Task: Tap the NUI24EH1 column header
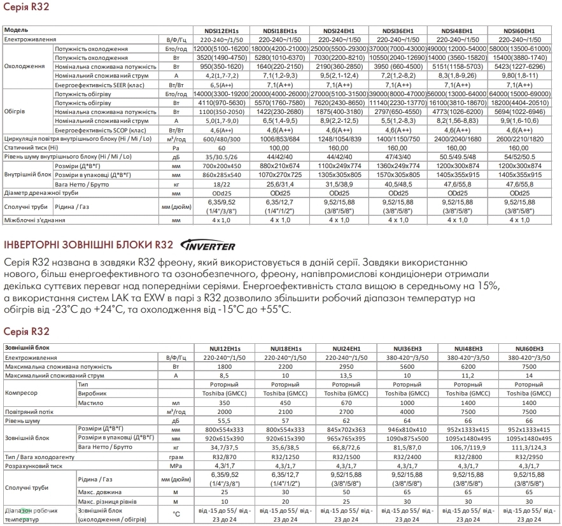[x=345, y=348]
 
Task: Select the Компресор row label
[x=21, y=394]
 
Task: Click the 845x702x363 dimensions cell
[x=345, y=430]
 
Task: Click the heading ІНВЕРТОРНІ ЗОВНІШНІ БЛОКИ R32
[x=88, y=246]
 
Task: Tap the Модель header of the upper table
[x=16, y=31]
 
